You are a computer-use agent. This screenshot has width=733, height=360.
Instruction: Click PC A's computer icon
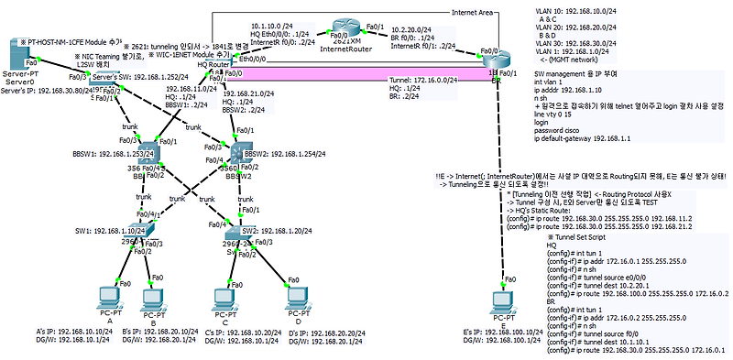tap(109, 298)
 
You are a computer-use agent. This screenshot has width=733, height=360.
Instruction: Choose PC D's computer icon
tap(292, 298)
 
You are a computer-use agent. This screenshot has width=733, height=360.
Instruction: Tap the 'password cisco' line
tap(563, 131)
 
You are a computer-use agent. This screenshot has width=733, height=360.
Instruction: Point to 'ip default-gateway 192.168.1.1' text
tap(586, 139)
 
